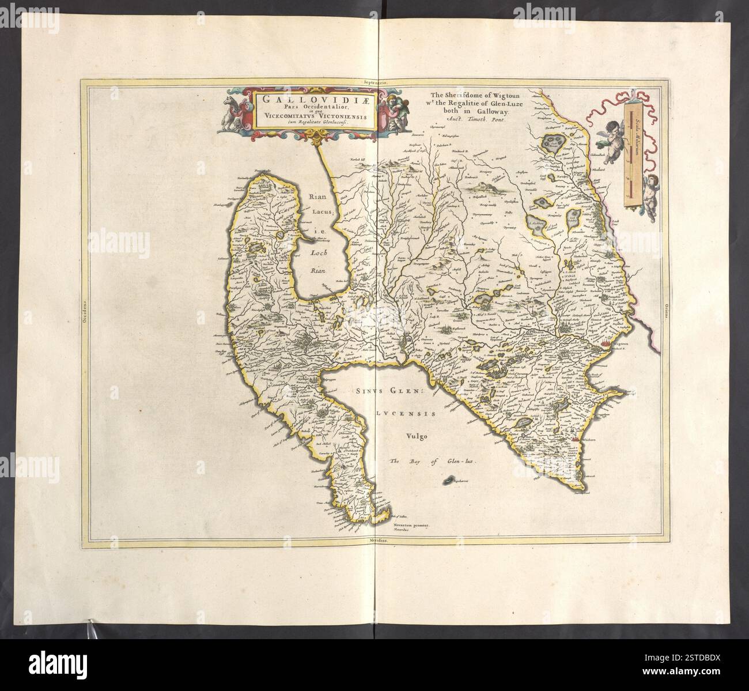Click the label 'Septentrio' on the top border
(374, 82)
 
